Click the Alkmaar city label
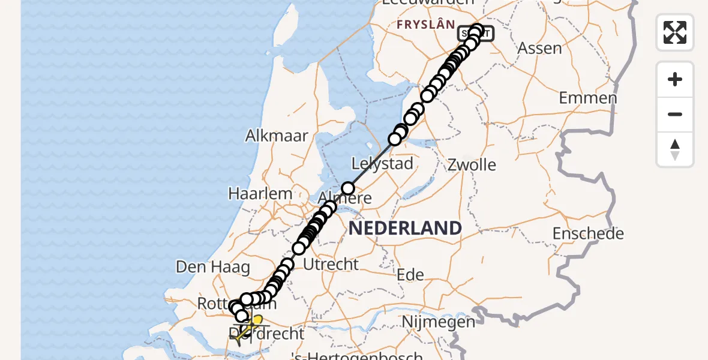coord(277,136)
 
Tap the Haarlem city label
coord(260,194)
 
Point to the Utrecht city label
coord(331,264)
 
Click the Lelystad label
coord(382,164)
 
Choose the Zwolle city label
coord(472,164)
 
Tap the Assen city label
coord(539,48)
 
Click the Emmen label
coord(588,98)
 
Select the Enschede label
coord(588,233)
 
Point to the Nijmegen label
coord(438,322)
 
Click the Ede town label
coord(410,275)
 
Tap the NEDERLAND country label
coord(405,228)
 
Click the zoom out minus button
coord(675,114)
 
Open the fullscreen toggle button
coord(675,32)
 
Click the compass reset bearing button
coord(675,149)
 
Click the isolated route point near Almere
coord(348,188)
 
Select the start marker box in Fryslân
coord(476,34)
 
